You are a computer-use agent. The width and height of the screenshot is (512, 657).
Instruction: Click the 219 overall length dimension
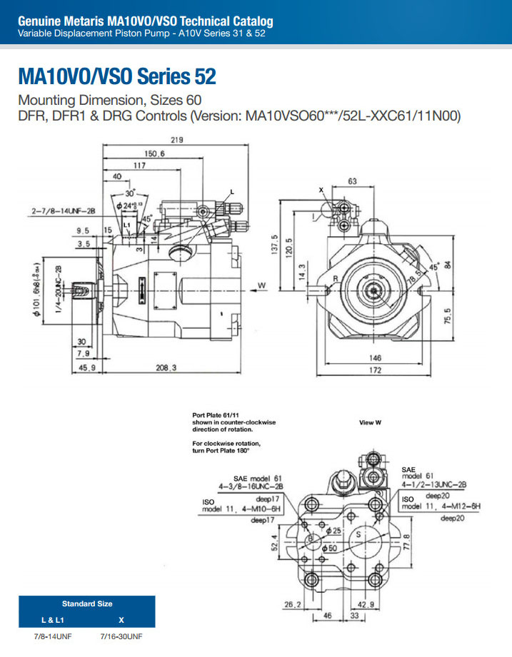[177, 140]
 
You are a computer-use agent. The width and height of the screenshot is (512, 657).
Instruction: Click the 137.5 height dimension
[274, 247]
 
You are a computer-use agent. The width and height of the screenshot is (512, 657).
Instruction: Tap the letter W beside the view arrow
[261, 285]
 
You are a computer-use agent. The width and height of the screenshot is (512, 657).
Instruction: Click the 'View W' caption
[370, 422]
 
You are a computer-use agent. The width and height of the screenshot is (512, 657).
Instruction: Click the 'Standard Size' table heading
[87, 603]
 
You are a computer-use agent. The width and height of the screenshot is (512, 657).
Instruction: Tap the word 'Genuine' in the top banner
[39, 22]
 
